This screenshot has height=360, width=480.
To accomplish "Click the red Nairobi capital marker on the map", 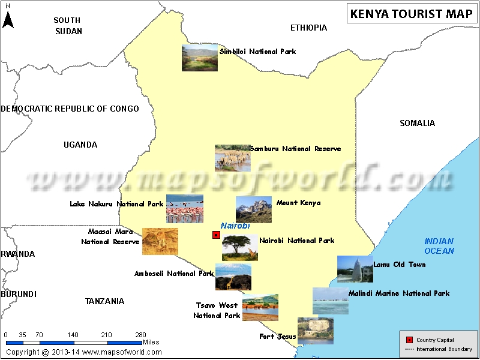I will pyautogui.click(x=216, y=235).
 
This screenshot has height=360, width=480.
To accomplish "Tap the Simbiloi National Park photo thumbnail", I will pyautogui.click(x=200, y=58).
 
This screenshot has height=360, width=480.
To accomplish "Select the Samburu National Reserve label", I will pyautogui.click(x=295, y=149).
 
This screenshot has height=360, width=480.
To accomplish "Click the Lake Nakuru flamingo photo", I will pyautogui.click(x=185, y=209).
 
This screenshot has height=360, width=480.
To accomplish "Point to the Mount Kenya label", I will pyautogui.click(x=298, y=203).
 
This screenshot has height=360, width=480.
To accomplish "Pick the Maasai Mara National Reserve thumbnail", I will pyautogui.click(x=160, y=241).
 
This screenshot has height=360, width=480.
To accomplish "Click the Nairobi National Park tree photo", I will pyautogui.click(x=240, y=247).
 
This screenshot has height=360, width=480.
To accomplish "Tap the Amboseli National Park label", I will pyautogui.click(x=174, y=274).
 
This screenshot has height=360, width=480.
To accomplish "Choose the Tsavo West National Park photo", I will pyautogui.click(x=260, y=307).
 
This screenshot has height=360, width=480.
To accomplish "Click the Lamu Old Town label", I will pyautogui.click(x=399, y=265).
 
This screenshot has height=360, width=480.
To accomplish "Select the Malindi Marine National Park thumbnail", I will pyautogui.click(x=330, y=301).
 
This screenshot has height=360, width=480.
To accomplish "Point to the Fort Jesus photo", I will pyautogui.click(x=316, y=331).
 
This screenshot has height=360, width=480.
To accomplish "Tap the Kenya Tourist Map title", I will pyautogui.click(x=412, y=14).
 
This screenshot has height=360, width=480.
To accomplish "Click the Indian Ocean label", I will pyautogui.click(x=439, y=246).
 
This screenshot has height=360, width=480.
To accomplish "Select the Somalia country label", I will pyautogui.click(x=417, y=123).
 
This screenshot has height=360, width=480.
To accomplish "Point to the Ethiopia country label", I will pyautogui.click(x=308, y=28).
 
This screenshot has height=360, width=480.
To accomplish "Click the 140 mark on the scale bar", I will pyautogui.click(x=73, y=335).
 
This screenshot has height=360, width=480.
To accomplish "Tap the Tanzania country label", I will pyautogui.click(x=104, y=301).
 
